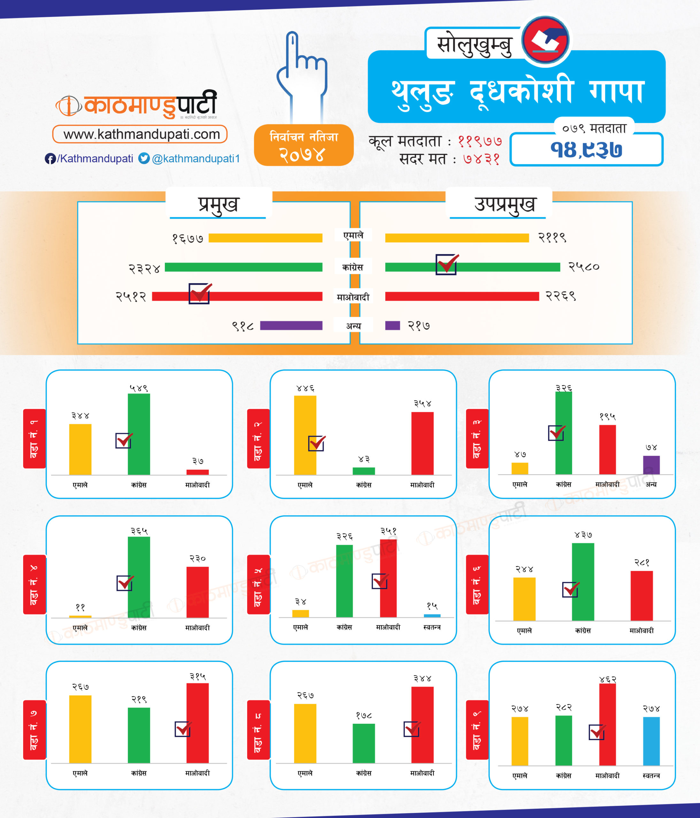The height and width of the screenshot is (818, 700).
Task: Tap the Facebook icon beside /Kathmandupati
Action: (50, 159)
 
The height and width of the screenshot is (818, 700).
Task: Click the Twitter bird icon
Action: (144, 158)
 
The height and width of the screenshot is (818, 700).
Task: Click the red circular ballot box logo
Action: (545, 40)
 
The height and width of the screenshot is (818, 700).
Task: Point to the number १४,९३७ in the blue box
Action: (586, 150)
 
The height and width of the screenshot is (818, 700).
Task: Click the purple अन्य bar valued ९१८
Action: (291, 325)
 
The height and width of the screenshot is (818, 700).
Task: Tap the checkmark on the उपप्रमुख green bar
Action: (446, 264)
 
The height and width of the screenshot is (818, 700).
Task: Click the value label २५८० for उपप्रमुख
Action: (583, 267)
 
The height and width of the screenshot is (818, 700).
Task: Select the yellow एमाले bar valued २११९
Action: (457, 238)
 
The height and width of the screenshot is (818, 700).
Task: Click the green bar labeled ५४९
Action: (139, 434)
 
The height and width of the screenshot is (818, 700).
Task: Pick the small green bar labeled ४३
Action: (364, 471)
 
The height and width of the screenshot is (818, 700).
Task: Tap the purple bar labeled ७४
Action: (651, 465)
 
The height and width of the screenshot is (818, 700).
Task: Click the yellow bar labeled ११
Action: (80, 616)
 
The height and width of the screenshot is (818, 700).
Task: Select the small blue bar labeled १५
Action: (432, 615)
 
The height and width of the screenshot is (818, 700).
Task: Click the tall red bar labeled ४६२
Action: (607, 725)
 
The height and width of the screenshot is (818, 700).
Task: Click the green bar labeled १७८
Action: (364, 743)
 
